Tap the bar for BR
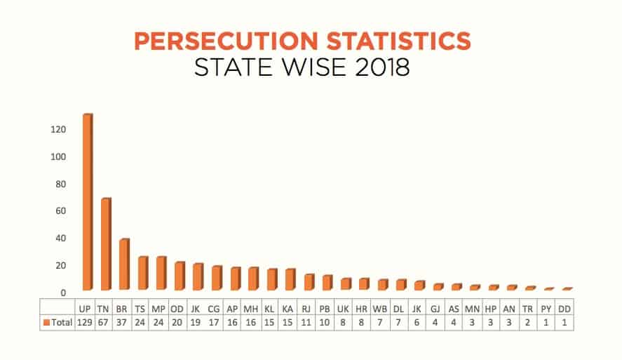(124, 265)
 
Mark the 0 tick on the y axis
(63, 293)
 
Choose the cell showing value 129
(85, 322)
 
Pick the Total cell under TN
(103, 322)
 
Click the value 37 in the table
(121, 322)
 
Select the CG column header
(214, 308)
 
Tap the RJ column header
(306, 308)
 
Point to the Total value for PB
(325, 322)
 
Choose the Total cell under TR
(527, 322)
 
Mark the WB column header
(380, 308)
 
